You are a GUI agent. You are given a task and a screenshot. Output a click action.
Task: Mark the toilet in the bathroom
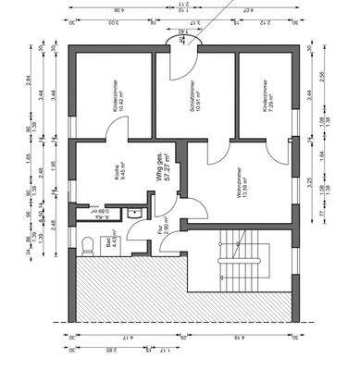(85, 245)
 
